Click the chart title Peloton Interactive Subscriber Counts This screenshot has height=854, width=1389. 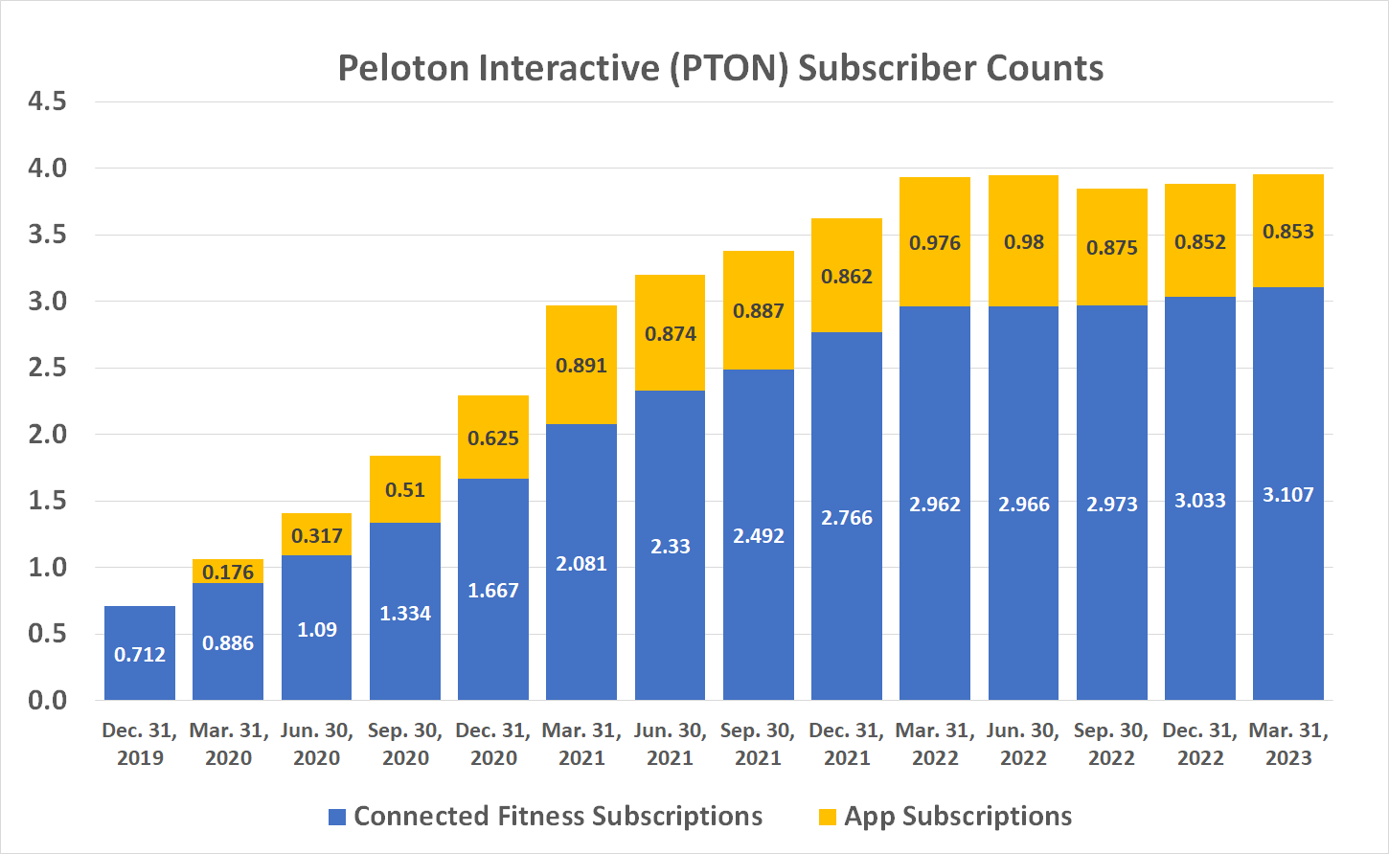[720, 68]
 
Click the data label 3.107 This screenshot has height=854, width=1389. [1287, 495]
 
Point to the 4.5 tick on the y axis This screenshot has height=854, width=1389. [47, 101]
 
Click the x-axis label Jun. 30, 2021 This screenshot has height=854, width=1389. [670, 744]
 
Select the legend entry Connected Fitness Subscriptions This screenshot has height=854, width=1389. [558, 816]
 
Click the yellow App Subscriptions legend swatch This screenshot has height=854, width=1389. [828, 817]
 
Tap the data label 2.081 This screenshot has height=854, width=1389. [581, 564]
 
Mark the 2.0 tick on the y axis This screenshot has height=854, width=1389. [47, 434]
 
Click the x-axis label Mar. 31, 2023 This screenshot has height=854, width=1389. [1288, 744]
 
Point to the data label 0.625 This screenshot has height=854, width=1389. [493, 438]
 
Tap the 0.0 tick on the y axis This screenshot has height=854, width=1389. [47, 700]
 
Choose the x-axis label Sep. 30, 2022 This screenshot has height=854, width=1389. [1111, 744]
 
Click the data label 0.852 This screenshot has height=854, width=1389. [1199, 242]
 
